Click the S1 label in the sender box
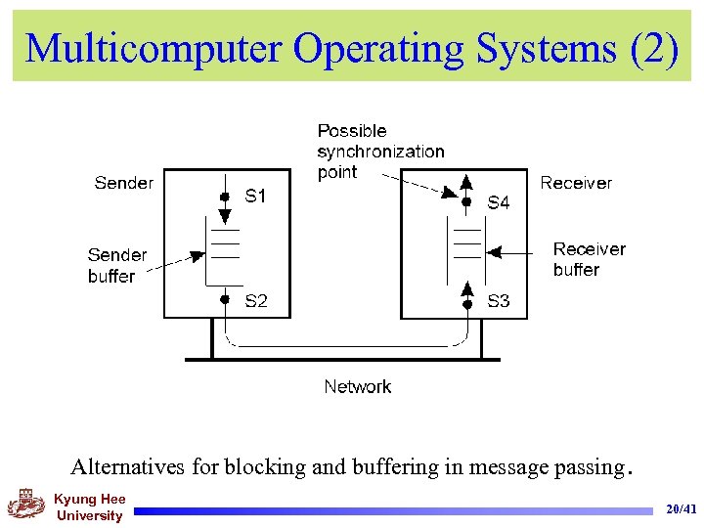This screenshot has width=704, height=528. click(x=255, y=197)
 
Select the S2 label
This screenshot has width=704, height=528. click(x=255, y=301)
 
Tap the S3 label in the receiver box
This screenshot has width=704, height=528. click(x=499, y=301)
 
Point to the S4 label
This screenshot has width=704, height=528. click(x=499, y=203)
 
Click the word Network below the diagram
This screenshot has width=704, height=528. click(x=357, y=387)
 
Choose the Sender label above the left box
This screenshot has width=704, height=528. click(x=123, y=183)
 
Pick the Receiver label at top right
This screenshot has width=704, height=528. click(x=576, y=183)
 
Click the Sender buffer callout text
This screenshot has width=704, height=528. click(x=116, y=266)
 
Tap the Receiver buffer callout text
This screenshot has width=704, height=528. click(x=589, y=259)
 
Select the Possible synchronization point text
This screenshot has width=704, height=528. click(x=380, y=152)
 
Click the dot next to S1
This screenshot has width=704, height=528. click(x=224, y=197)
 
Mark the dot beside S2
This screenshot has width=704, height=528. click(x=224, y=300)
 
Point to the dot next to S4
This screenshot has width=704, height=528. click(x=466, y=202)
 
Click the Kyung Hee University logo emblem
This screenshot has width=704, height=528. click(x=25, y=506)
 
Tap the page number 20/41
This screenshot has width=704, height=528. click(x=681, y=509)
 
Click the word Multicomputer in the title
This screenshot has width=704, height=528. click(x=154, y=47)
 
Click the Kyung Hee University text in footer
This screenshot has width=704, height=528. click(x=89, y=507)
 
